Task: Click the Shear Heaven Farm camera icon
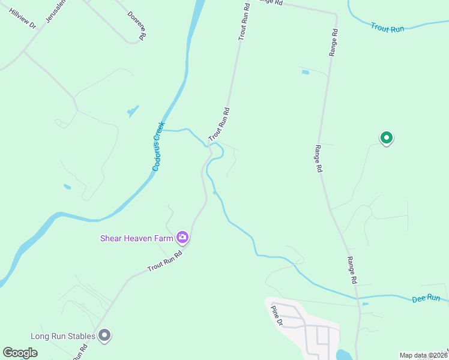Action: pos(182,238)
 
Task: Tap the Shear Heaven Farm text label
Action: pos(136,238)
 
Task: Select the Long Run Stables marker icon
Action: pos(104,335)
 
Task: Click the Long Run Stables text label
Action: pos(63,336)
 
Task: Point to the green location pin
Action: pos(387,139)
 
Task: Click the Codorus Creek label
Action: pos(158,146)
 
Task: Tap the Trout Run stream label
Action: pos(387,28)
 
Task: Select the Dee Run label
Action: pos(427,298)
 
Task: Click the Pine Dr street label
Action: pos(276,315)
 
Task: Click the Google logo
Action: pos(20,353)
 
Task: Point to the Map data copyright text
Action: pos(423,355)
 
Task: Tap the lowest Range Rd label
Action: pos(352,270)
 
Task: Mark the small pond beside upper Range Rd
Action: pos(305,72)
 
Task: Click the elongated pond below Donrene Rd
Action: pos(133,111)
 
